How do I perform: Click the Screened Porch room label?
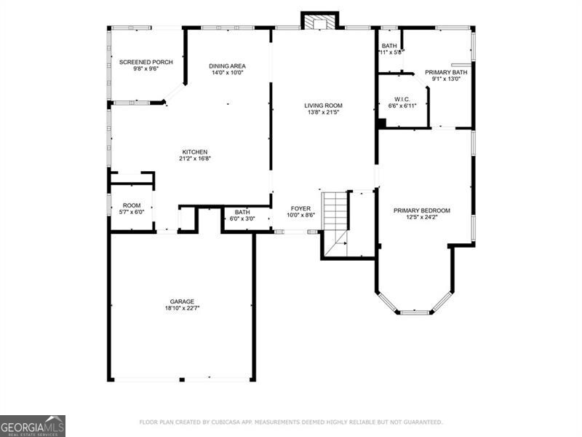pyautogui.click(x=145, y=63)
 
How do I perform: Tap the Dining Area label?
pyautogui.click(x=227, y=65)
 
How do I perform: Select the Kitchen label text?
pyautogui.click(x=195, y=152)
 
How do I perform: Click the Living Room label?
pyautogui.click(x=323, y=106)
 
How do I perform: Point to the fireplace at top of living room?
pyautogui.click(x=319, y=22)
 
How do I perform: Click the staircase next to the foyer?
pyautogui.click(x=335, y=219)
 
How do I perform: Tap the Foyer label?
pyautogui.click(x=300, y=208)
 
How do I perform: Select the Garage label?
pyautogui.click(x=182, y=302)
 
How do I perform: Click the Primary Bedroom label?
pyautogui.click(x=422, y=210)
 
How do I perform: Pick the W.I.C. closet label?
pyautogui.click(x=402, y=99)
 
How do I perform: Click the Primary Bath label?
pyautogui.click(x=446, y=72)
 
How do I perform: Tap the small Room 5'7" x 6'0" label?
pyautogui.click(x=132, y=205)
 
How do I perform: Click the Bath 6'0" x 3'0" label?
pyautogui.click(x=242, y=212)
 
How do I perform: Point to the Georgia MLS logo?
pyautogui.click(x=33, y=425)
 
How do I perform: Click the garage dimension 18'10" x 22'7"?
pyautogui.click(x=182, y=309)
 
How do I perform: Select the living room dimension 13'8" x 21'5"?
pyautogui.click(x=323, y=114)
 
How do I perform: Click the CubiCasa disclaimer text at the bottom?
pyautogui.click(x=290, y=422)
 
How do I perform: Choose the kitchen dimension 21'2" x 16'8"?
pyautogui.click(x=195, y=159)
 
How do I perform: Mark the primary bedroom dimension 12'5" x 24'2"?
pyautogui.click(x=422, y=218)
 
